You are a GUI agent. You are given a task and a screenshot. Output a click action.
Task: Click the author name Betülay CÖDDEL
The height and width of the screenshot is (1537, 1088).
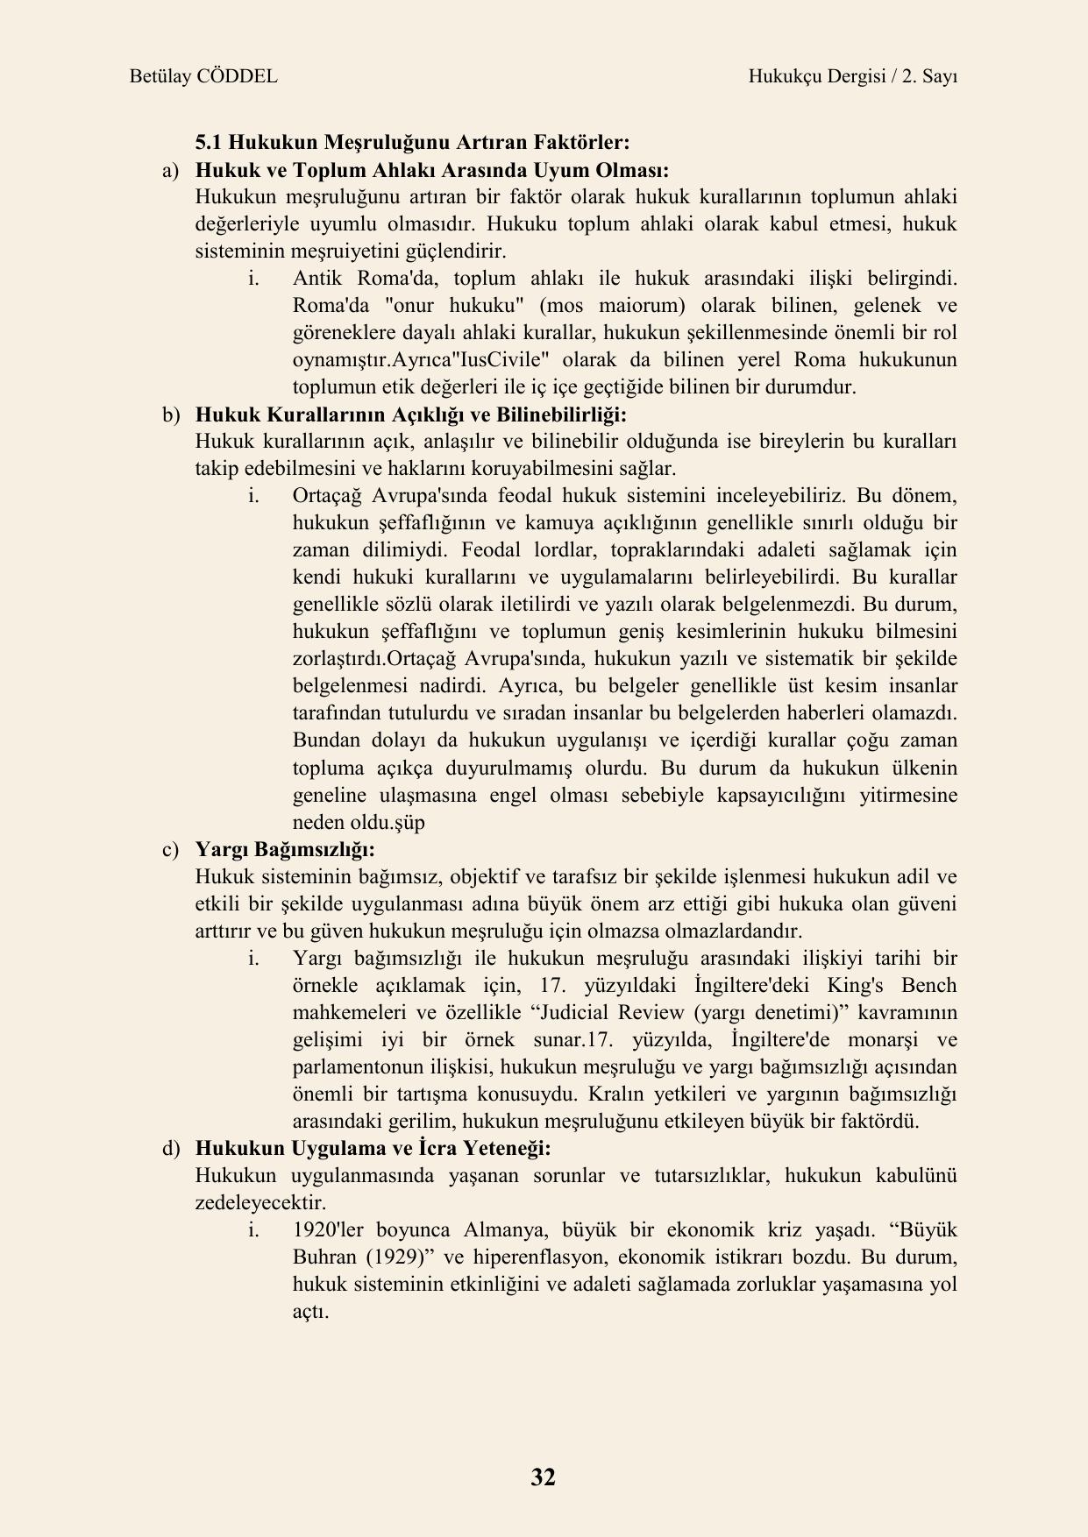click(x=203, y=76)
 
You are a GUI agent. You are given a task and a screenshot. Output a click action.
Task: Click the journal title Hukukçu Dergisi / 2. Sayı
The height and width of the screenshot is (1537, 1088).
click(x=852, y=76)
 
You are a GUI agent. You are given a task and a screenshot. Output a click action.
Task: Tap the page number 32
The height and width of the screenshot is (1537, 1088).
click(x=543, y=1477)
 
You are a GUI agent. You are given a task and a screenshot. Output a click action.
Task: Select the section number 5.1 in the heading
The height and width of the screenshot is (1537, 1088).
click(x=207, y=143)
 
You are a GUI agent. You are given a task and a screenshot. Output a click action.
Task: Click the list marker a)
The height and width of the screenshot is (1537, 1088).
click(x=169, y=170)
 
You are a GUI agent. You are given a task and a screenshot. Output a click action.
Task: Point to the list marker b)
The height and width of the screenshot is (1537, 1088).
click(x=169, y=414)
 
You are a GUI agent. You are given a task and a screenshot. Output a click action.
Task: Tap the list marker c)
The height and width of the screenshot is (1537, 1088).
click(x=169, y=849)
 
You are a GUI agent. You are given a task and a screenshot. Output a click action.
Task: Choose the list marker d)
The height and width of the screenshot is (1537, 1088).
click(x=169, y=1148)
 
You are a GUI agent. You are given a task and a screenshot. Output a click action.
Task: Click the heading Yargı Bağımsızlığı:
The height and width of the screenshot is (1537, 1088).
click(x=285, y=849)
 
